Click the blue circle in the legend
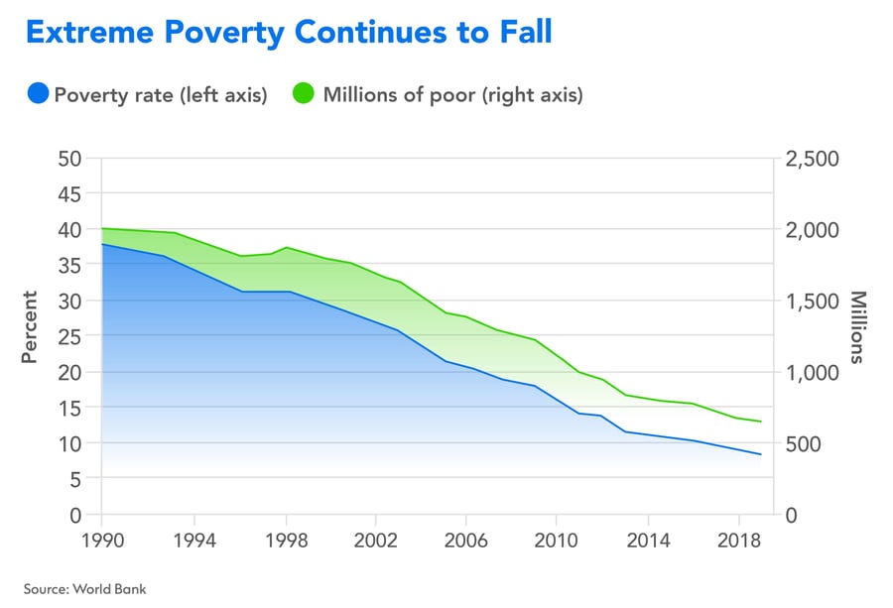(x=38, y=95)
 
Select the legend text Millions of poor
(x=409, y=95)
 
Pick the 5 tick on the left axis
(x=75, y=479)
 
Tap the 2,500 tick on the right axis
(x=812, y=159)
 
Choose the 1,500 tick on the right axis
(x=812, y=301)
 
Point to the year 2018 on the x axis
(x=738, y=544)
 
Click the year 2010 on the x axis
(x=557, y=544)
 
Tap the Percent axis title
(x=30, y=327)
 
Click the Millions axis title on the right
(x=858, y=327)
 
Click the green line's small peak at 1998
(x=286, y=247)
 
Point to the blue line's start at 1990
(x=102, y=244)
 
